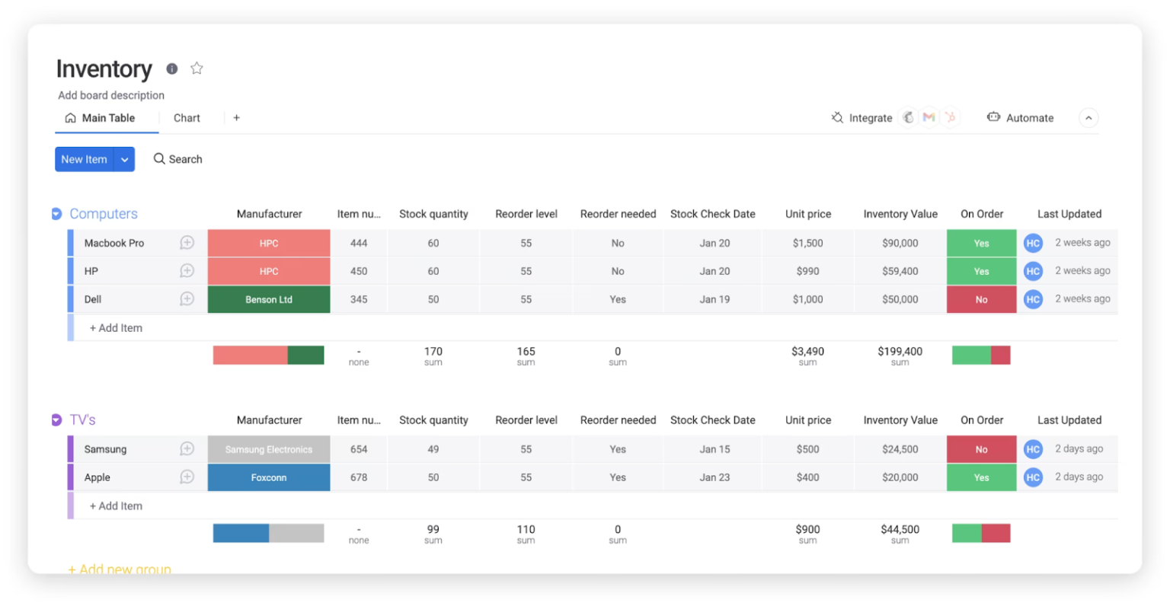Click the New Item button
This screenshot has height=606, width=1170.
pos(84,159)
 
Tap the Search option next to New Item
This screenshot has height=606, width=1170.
pos(177,159)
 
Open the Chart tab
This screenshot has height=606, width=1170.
pos(187,118)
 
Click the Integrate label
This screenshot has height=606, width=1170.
pos(870,118)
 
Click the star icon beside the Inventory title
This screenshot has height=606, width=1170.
pos(197,69)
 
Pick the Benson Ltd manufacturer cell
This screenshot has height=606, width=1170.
pos(269,299)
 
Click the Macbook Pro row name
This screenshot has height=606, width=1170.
pos(114,243)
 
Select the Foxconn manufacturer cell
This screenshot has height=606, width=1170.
pos(269,477)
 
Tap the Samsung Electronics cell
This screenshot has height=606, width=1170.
pos(269,449)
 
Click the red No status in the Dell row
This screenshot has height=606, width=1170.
pos(981,299)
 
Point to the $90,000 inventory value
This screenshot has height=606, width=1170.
pos(900,243)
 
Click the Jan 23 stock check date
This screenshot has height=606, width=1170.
pos(714,477)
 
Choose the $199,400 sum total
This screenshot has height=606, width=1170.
pos(900,352)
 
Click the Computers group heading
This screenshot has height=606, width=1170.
pos(104,214)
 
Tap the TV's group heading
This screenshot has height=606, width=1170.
pos(83,420)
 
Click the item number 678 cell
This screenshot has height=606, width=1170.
pos(359,477)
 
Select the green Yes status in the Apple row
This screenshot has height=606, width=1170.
pos(981,477)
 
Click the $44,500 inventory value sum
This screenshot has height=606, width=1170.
pos(900,530)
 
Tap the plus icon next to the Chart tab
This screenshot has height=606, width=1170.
pos(237,118)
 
